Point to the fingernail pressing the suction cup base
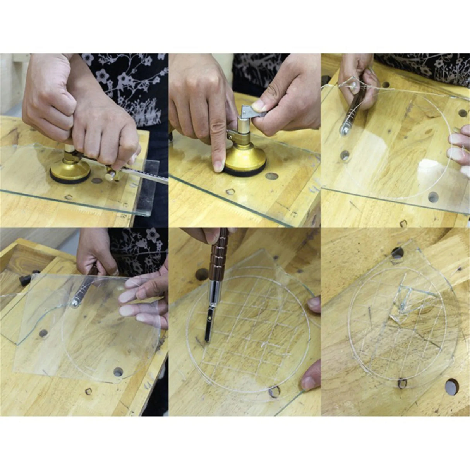click(218, 166)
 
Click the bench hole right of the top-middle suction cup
click(272, 176)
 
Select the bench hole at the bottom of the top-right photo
click(433, 197)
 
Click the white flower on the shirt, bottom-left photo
click(153, 234)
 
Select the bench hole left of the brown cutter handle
click(201, 274)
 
